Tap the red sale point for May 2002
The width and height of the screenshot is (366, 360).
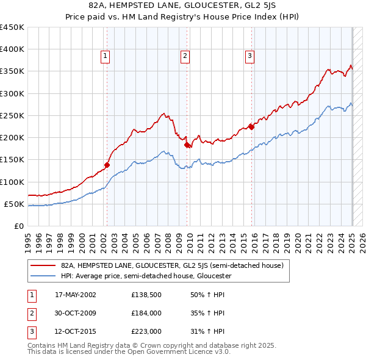click(x=107, y=165)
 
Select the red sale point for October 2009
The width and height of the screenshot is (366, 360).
click(x=187, y=145)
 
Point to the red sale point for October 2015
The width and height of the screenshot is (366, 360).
click(x=251, y=128)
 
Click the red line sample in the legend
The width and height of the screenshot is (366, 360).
click(x=43, y=266)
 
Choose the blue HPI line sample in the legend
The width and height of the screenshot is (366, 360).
click(x=43, y=276)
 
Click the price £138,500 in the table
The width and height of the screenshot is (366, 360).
click(x=146, y=295)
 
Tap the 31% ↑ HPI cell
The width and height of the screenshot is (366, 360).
click(x=207, y=333)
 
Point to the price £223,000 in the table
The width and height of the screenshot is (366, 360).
click(x=146, y=333)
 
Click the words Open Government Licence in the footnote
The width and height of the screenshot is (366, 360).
click(x=171, y=352)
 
